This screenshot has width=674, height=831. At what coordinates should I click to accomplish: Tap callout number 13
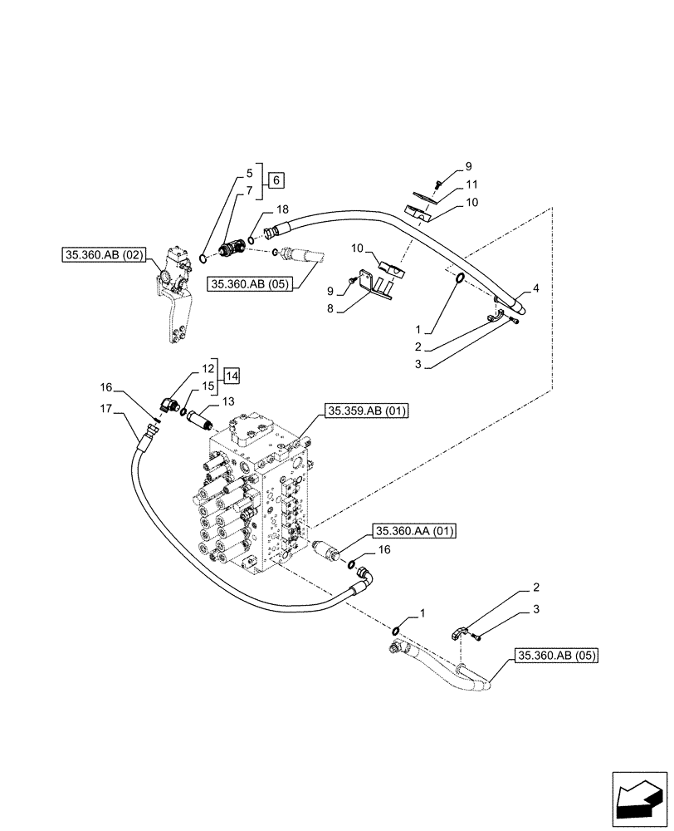(227, 402)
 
